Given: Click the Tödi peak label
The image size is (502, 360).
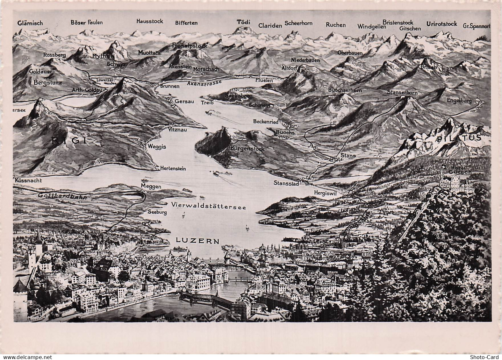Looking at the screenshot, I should click(x=244, y=22).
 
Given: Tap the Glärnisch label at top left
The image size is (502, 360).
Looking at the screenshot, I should click(x=30, y=23).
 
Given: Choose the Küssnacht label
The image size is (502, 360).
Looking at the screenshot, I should click(x=28, y=180).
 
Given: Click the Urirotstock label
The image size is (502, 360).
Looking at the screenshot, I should click(x=441, y=24).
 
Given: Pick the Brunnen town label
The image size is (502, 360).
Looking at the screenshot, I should click(x=170, y=86).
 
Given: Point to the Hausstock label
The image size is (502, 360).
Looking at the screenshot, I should click(x=149, y=21).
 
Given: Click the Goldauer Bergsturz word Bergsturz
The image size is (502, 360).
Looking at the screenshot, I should click(x=47, y=82).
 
